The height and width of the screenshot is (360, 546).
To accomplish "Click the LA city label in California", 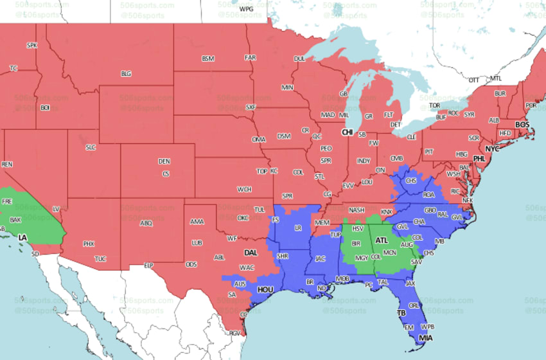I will click(x=22, y=238).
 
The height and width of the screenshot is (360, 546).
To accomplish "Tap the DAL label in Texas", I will click(x=251, y=253).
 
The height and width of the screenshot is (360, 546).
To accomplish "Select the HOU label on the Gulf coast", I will click(x=265, y=290).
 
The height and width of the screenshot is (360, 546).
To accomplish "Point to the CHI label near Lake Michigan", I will click(x=348, y=132).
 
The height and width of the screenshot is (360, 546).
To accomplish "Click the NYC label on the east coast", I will click(x=492, y=149).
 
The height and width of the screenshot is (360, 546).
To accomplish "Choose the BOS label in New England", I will click(x=522, y=124).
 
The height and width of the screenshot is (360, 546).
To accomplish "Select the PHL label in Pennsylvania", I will click(x=479, y=158).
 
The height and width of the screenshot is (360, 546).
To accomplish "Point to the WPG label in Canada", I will click(x=246, y=9).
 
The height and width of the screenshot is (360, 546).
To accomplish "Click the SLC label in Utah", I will click(x=91, y=147).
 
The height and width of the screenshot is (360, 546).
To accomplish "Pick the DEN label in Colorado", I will click(x=164, y=161).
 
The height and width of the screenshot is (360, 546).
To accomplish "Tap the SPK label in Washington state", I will click(x=32, y=45).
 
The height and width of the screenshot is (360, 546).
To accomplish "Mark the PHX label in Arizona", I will click(x=89, y=244).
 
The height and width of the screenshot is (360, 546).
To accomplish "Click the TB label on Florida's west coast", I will click(x=401, y=314).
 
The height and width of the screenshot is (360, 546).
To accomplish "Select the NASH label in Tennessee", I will click(x=357, y=210).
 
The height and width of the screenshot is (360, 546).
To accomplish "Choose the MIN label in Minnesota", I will click(x=287, y=87).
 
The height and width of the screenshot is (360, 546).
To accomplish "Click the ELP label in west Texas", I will click(x=148, y=265).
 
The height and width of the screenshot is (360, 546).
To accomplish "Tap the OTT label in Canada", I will click(x=474, y=80).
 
